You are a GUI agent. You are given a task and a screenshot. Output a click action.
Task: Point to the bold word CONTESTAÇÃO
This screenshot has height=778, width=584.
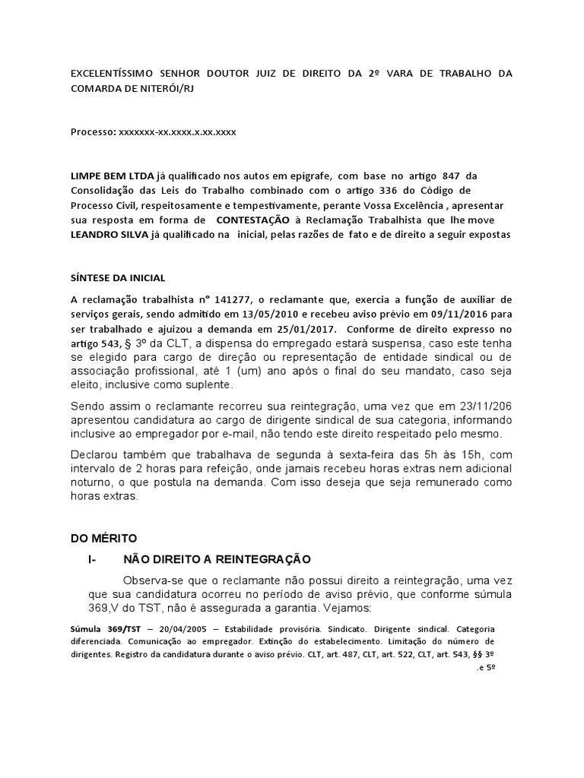click(252, 220)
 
